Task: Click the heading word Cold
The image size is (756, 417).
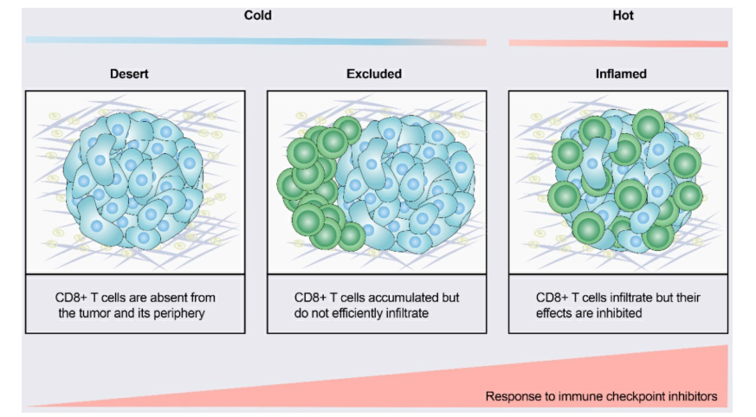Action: click(x=257, y=16)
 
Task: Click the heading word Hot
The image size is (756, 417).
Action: click(x=623, y=16)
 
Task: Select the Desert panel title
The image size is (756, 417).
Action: click(x=129, y=74)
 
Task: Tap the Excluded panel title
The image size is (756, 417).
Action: click(x=373, y=74)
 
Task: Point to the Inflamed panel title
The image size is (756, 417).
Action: click(x=621, y=74)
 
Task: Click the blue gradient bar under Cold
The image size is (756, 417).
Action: click(x=256, y=42)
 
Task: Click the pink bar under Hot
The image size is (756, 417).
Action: click(x=618, y=43)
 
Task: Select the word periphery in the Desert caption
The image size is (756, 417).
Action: click(x=179, y=313)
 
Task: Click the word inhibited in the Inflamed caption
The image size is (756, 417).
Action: click(x=618, y=313)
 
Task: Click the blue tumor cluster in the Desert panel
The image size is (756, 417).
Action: click(x=134, y=181)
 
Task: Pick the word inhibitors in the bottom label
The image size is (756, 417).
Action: click(x=690, y=397)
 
